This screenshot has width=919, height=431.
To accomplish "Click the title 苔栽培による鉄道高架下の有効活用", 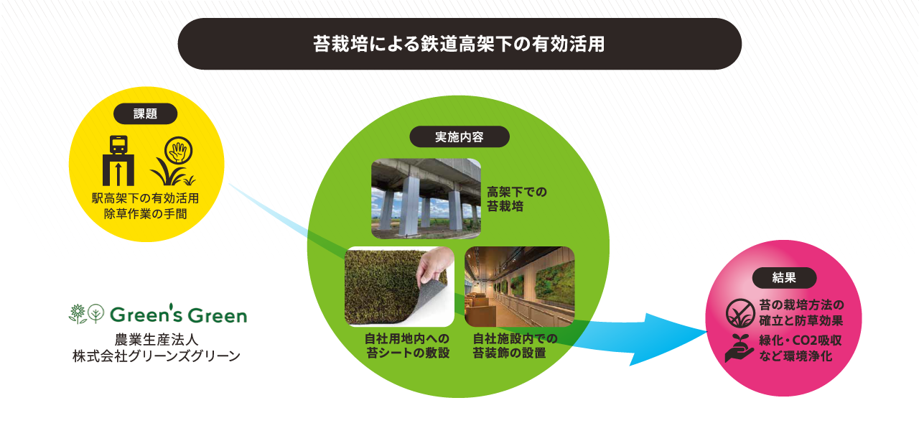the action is click(459, 44).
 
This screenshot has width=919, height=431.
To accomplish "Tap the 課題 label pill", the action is click(145, 113).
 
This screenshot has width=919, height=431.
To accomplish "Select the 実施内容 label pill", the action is click(459, 136).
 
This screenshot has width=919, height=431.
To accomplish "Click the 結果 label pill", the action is click(784, 278).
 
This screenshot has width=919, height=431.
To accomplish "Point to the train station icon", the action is click(118, 160).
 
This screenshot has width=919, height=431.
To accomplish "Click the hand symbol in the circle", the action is click(179, 151).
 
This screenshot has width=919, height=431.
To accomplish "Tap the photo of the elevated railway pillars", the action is click(426, 199).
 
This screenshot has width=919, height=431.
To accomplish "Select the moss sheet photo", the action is click(399, 287).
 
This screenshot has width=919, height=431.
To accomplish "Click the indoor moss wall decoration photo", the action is click(519, 287).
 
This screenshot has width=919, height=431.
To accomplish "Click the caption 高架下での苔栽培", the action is click(516, 199).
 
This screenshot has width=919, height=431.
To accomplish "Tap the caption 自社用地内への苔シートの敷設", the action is click(407, 346).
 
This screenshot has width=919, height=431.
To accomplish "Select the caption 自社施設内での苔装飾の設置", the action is click(515, 346).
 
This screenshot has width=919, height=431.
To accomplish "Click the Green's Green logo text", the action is click(179, 315).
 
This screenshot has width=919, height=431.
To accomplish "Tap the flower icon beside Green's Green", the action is click(78, 314).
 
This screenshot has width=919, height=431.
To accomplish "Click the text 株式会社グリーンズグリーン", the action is click(157, 356).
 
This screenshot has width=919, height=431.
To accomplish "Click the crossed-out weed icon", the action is click(740, 312).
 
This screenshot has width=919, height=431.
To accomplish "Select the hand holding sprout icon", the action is click(739, 348).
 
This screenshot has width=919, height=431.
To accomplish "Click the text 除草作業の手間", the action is click(145, 214).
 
